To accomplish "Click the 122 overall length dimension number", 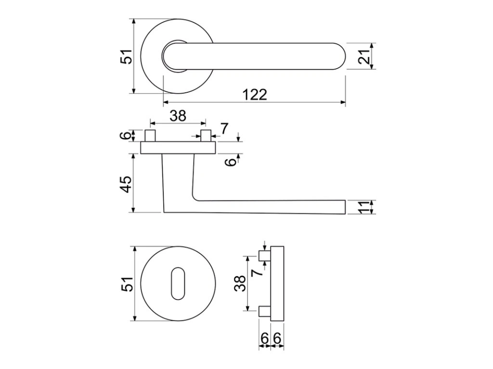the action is pyautogui.click(x=255, y=95).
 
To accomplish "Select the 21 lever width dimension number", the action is pyautogui.click(x=364, y=57).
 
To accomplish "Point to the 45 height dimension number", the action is pyautogui.click(x=126, y=184).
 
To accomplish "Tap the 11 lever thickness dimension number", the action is pyautogui.click(x=364, y=207).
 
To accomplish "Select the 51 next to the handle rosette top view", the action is pyautogui.click(x=126, y=57).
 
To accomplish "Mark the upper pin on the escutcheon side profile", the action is pyautogui.click(x=264, y=255).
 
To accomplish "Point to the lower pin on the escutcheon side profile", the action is pyautogui.click(x=264, y=312).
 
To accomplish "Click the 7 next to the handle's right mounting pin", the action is pyautogui.click(x=224, y=128).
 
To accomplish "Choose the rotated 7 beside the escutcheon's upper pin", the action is pyautogui.click(x=257, y=272).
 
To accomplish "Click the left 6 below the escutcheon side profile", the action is pyautogui.click(x=264, y=339).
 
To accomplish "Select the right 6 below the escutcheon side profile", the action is pyautogui.click(x=276, y=339).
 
